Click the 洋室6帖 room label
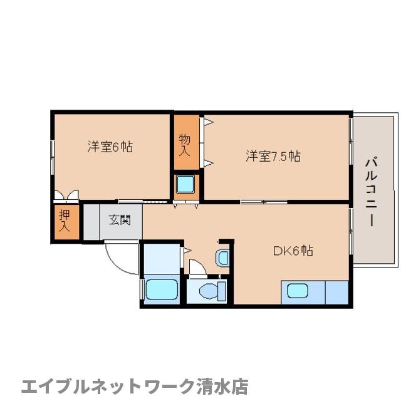pos(110,147)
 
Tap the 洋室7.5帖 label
pos(273,156)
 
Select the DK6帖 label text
pos(293,251)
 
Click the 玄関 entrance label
pos(120,220)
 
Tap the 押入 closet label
pos(65,221)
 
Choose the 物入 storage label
pos(185,145)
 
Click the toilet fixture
pos(209,291)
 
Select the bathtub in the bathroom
pos(162,290)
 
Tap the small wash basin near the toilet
pos(222,256)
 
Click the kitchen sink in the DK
pos(297,291)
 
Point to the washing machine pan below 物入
pos(185,184)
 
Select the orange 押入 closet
pos(66,223)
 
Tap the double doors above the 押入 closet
pos(66,195)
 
